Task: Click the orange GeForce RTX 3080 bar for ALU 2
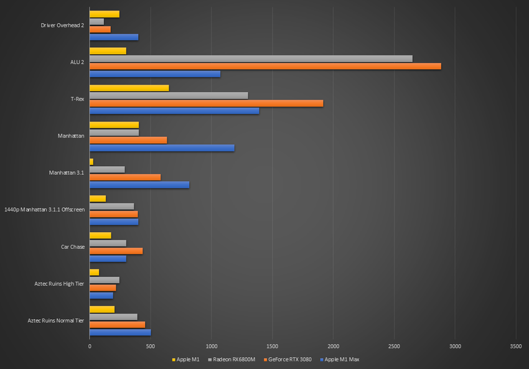click(x=265, y=66)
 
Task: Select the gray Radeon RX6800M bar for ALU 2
click(x=251, y=58)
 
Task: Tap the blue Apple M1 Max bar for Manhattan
click(x=162, y=147)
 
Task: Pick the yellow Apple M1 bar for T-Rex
click(x=129, y=88)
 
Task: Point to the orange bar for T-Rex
click(x=206, y=103)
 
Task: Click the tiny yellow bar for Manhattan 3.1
click(x=91, y=162)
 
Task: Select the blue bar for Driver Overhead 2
click(x=114, y=37)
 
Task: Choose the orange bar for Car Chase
click(x=116, y=251)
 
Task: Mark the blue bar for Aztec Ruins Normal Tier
click(x=120, y=332)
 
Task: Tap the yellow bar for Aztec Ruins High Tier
click(x=94, y=272)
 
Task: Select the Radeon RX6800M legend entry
click(x=233, y=359)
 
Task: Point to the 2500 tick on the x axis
click(x=394, y=345)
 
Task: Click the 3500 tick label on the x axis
click(x=515, y=345)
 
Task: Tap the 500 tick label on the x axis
click(x=151, y=345)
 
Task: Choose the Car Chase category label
click(x=72, y=246)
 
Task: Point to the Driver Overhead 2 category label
click(x=62, y=25)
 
